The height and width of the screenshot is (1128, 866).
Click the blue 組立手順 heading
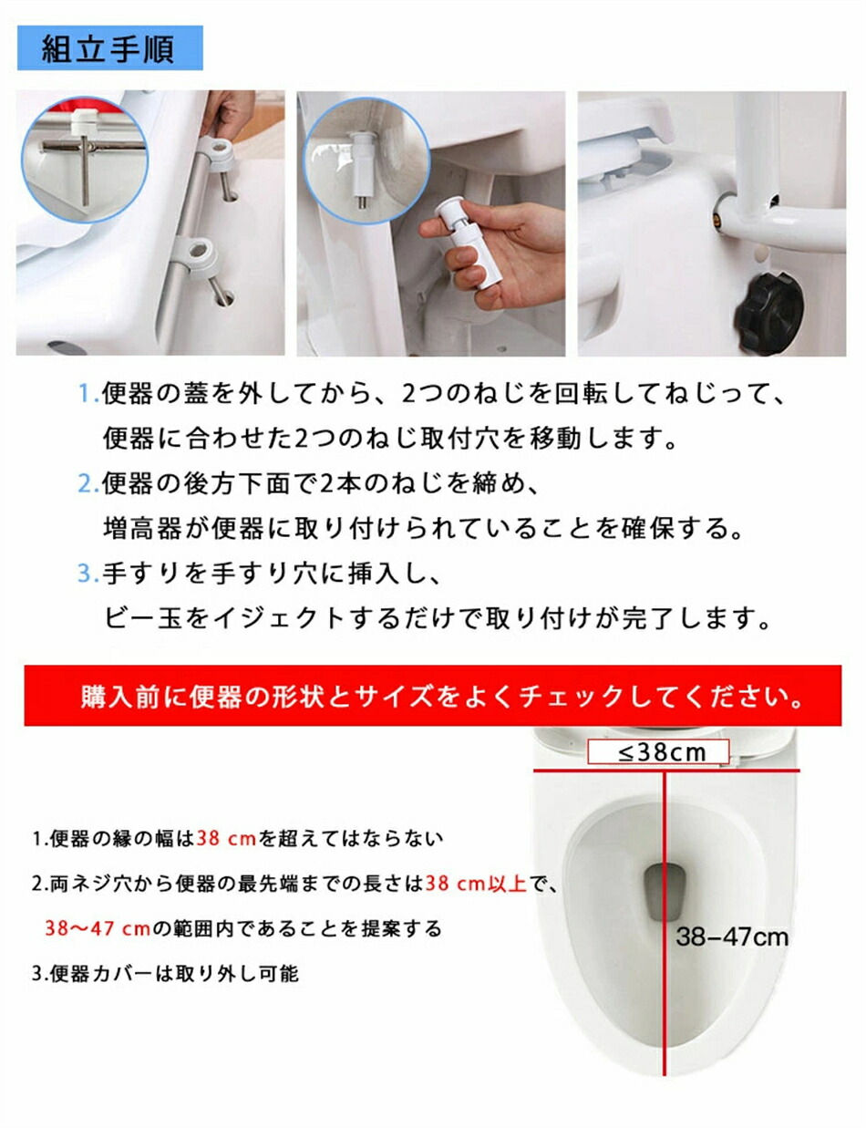109,48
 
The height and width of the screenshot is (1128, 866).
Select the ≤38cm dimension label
658,751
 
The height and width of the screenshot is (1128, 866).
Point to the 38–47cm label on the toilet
732,937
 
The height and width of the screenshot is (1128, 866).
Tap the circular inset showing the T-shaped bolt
85,160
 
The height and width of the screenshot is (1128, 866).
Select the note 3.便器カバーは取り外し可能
166,973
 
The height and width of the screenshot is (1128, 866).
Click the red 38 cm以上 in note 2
476,883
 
